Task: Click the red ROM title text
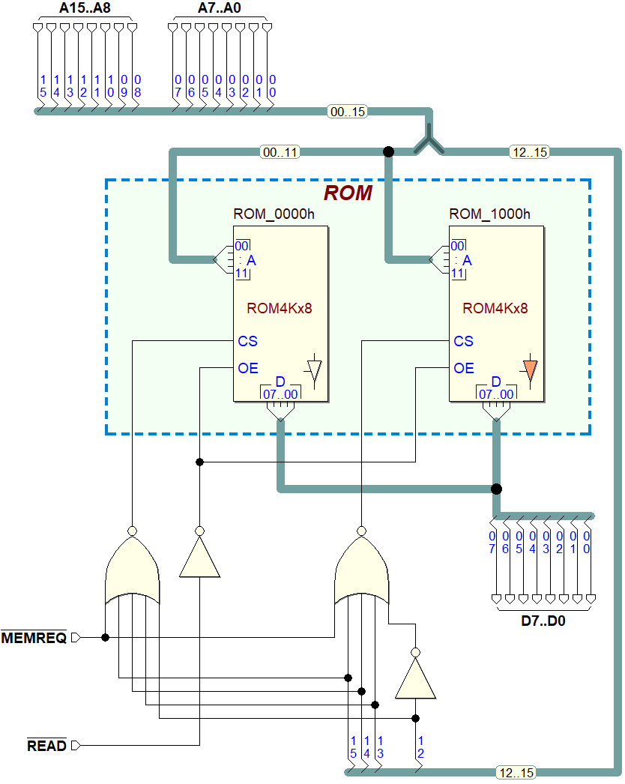point(348,193)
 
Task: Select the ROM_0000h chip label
point(274,214)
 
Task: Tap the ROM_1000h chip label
point(490,214)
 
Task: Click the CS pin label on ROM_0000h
point(248,341)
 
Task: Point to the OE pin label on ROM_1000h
point(464,368)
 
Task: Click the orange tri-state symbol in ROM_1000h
point(530,370)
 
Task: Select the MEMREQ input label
point(34,638)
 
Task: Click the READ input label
point(46,746)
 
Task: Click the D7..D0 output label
point(543,621)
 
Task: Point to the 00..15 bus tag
point(348,112)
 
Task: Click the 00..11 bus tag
point(280,152)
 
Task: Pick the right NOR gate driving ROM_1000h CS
point(362,573)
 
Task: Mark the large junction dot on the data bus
point(496,489)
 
